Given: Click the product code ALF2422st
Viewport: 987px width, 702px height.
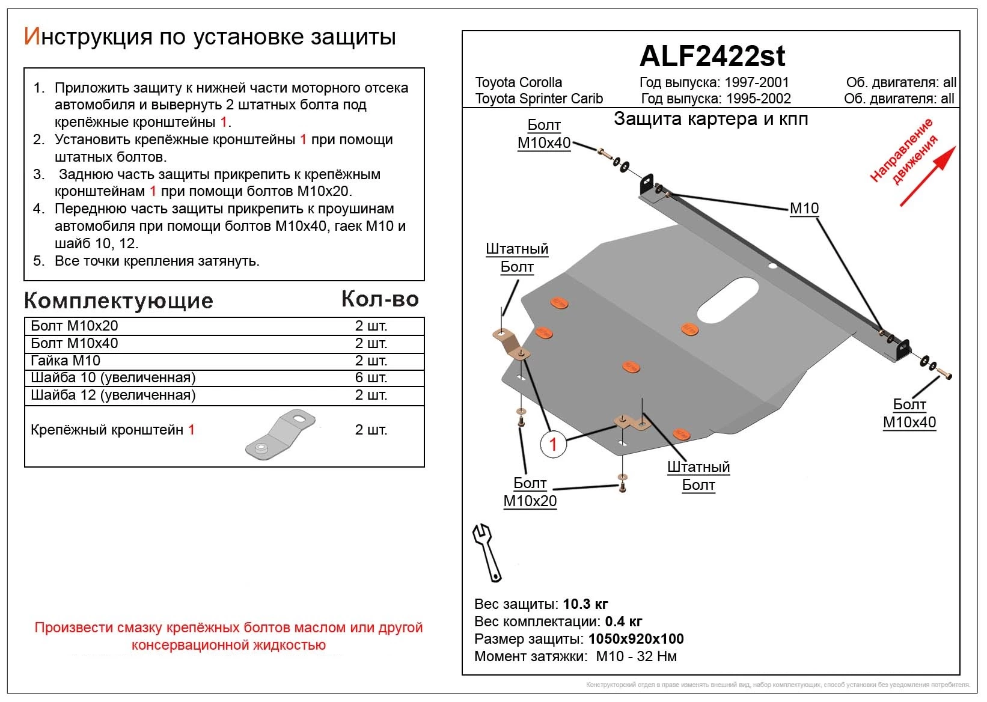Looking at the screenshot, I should [x=712, y=56].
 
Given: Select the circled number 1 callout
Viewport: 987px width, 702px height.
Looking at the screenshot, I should [x=553, y=445].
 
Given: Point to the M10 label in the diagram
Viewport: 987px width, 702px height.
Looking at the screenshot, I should [x=804, y=209].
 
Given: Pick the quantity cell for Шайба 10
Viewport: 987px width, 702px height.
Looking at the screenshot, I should [x=371, y=377].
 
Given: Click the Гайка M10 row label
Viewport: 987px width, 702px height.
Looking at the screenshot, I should [x=66, y=361].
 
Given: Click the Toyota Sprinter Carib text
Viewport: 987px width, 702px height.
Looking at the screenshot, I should [x=539, y=99].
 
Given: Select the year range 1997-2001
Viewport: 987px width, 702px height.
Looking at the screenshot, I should [x=756, y=82].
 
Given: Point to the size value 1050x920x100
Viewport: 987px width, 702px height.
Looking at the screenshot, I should [x=636, y=639].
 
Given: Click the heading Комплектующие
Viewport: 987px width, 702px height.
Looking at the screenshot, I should [x=118, y=301].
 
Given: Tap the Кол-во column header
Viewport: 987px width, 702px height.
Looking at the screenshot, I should [x=380, y=299].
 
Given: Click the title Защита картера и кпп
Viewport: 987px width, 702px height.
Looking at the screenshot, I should [x=710, y=119].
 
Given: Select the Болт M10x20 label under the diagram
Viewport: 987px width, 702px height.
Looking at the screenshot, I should [x=530, y=492].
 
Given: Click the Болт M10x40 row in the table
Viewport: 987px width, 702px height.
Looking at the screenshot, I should [x=75, y=343].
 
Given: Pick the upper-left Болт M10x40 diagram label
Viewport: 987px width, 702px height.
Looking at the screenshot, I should [x=543, y=134].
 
